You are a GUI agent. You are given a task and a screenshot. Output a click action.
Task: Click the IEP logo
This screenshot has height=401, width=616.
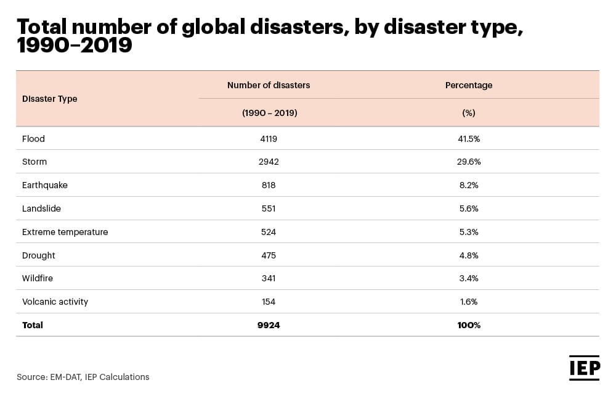tap(584, 368)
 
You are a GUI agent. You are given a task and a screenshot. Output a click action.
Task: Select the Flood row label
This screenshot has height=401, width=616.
tap(33, 139)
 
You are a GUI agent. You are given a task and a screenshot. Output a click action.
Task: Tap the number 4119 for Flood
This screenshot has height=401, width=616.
tap(269, 139)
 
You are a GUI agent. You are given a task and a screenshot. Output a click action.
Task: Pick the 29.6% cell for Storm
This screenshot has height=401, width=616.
tap(469, 162)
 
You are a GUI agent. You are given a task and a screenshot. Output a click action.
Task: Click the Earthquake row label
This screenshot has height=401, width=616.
tap(45, 185)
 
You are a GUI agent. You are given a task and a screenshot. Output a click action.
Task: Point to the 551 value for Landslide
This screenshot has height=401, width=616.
tap(269, 209)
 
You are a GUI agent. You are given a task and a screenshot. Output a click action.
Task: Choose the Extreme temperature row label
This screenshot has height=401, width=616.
tap(65, 232)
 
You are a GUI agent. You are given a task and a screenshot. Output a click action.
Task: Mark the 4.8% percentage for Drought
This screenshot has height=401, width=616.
tap(469, 255)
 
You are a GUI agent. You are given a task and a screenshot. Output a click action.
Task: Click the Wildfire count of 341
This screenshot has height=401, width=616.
tap(269, 278)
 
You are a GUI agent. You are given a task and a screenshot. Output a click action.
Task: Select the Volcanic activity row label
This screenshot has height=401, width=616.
tap(55, 302)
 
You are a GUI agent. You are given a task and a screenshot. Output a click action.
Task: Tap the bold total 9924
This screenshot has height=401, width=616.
tap(269, 325)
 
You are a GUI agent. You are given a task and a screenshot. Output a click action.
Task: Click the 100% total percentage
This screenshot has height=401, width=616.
tap(469, 325)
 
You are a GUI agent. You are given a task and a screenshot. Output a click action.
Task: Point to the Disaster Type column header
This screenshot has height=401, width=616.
tap(50, 99)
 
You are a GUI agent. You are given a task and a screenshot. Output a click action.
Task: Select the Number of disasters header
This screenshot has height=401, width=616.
tap(269, 85)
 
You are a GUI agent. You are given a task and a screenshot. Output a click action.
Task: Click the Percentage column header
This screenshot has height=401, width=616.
tap(469, 85)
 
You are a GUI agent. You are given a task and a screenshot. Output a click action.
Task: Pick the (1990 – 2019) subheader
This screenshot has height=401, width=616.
tap(269, 113)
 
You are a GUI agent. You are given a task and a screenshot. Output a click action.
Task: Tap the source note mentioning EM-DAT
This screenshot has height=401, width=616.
tap(83, 377)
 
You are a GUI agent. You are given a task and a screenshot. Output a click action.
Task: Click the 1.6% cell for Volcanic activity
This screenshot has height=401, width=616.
tap(469, 302)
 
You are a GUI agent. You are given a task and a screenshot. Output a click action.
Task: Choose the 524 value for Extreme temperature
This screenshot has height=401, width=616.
tap(269, 232)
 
